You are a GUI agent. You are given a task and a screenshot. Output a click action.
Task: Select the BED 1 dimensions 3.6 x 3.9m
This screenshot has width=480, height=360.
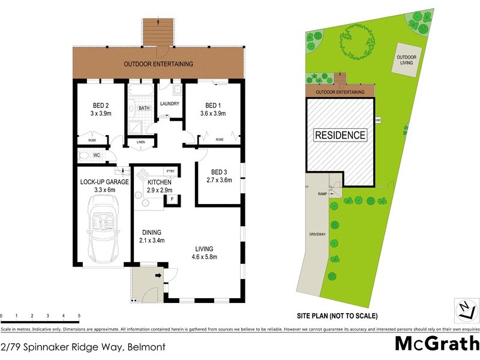pos(212,112)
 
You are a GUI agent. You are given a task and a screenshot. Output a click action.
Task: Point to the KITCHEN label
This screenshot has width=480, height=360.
pos(160,182)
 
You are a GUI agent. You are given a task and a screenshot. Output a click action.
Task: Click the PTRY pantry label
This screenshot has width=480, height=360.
pos(170,170)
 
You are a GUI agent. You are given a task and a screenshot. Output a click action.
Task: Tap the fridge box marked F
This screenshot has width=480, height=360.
pos(172,198)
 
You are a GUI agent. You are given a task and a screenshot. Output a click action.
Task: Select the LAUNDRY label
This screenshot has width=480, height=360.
pos(170,104)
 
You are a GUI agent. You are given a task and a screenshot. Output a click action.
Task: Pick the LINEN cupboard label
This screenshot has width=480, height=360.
pos(141,142)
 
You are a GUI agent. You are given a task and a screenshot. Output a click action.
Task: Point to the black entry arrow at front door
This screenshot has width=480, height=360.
pos(158,276)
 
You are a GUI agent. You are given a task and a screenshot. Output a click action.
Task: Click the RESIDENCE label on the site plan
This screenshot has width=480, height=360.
pos(340,135)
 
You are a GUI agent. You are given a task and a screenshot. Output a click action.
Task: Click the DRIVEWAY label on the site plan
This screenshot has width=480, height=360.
pos(317,234)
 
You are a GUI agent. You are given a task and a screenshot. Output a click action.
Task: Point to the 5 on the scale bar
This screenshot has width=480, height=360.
pos(79,315)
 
